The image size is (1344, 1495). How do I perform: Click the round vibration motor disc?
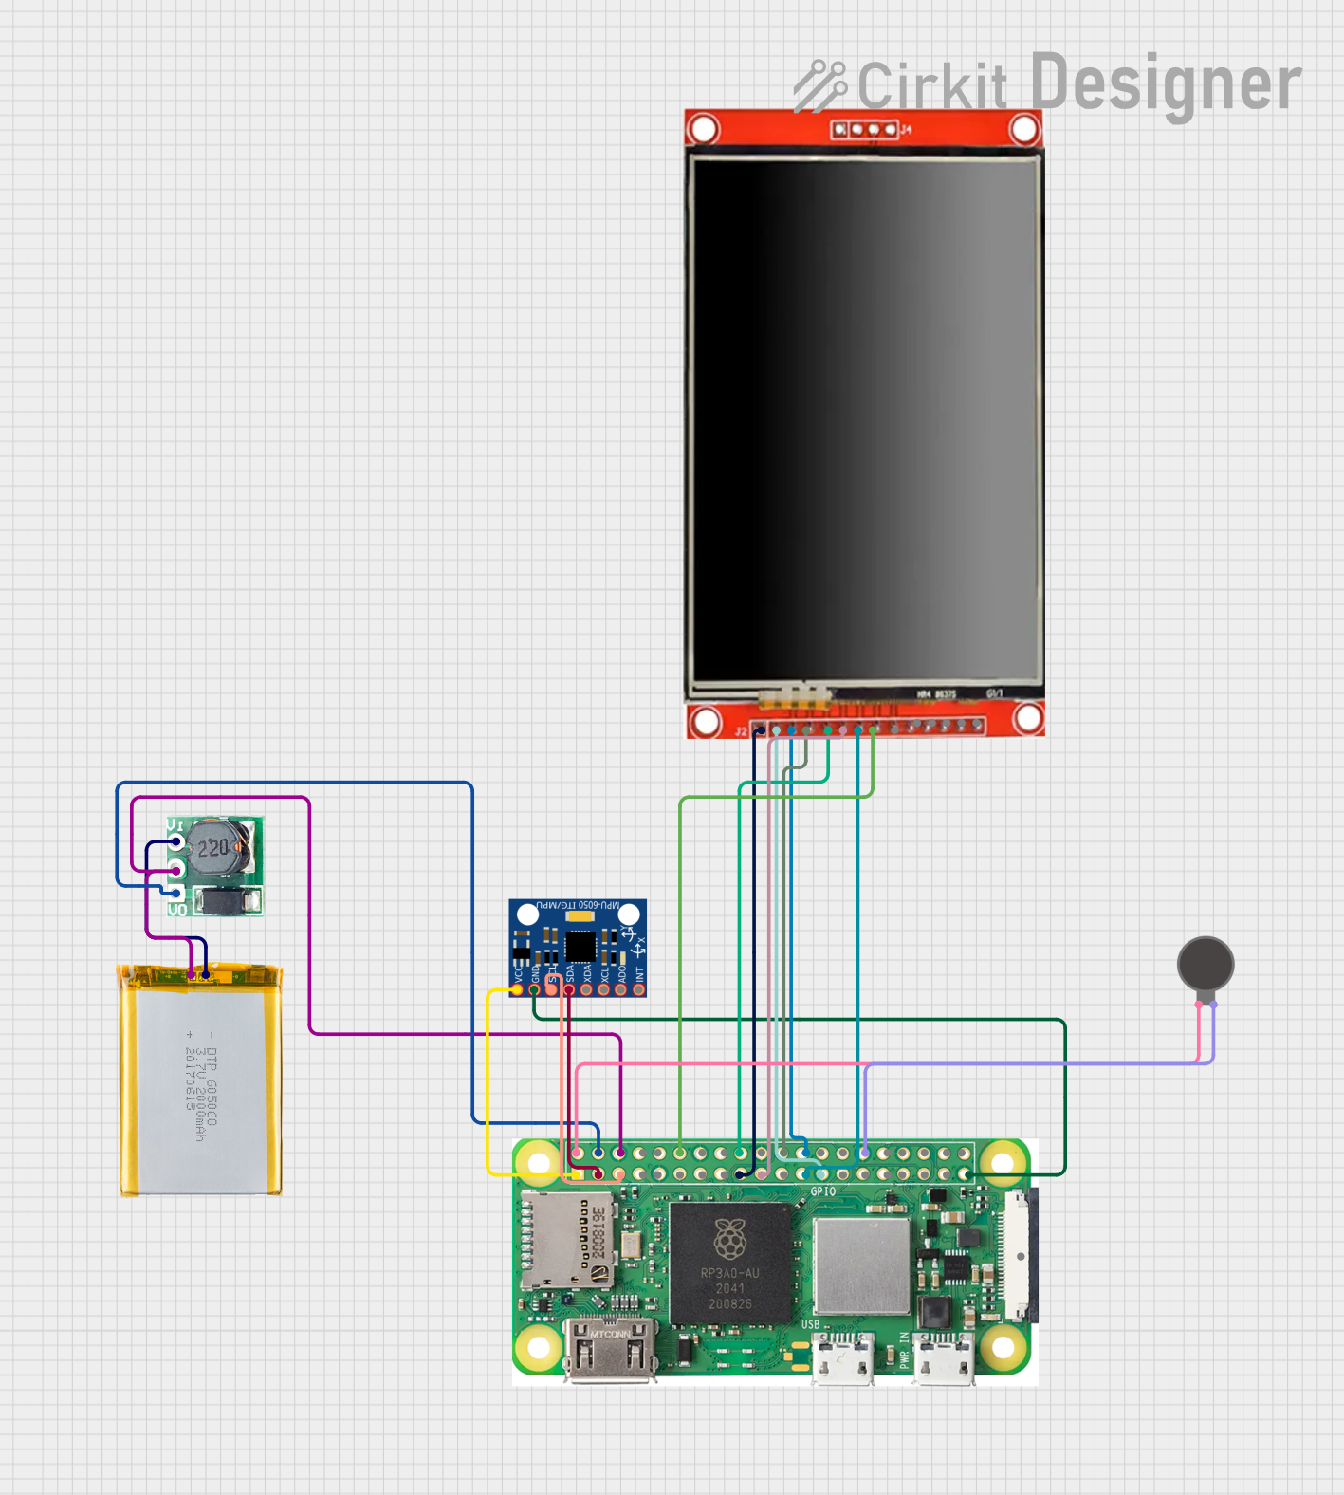tap(1206, 964)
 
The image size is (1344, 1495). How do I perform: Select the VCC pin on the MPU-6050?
tap(518, 989)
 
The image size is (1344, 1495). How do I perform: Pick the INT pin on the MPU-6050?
tap(639, 989)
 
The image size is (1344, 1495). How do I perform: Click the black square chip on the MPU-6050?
tap(580, 946)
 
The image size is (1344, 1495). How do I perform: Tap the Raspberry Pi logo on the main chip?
tap(729, 1238)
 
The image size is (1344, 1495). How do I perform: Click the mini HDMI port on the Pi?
tap(610, 1349)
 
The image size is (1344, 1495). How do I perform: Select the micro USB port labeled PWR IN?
tap(944, 1358)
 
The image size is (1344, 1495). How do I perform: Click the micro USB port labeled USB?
tap(843, 1358)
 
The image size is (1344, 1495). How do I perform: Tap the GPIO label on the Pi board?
tap(822, 1191)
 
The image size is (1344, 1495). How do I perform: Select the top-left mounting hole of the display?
tap(704, 129)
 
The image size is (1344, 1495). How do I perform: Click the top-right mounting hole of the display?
tap(1024, 129)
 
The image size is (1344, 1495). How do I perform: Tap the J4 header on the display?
tap(865, 129)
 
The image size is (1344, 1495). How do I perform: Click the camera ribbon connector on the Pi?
tap(1021, 1256)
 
